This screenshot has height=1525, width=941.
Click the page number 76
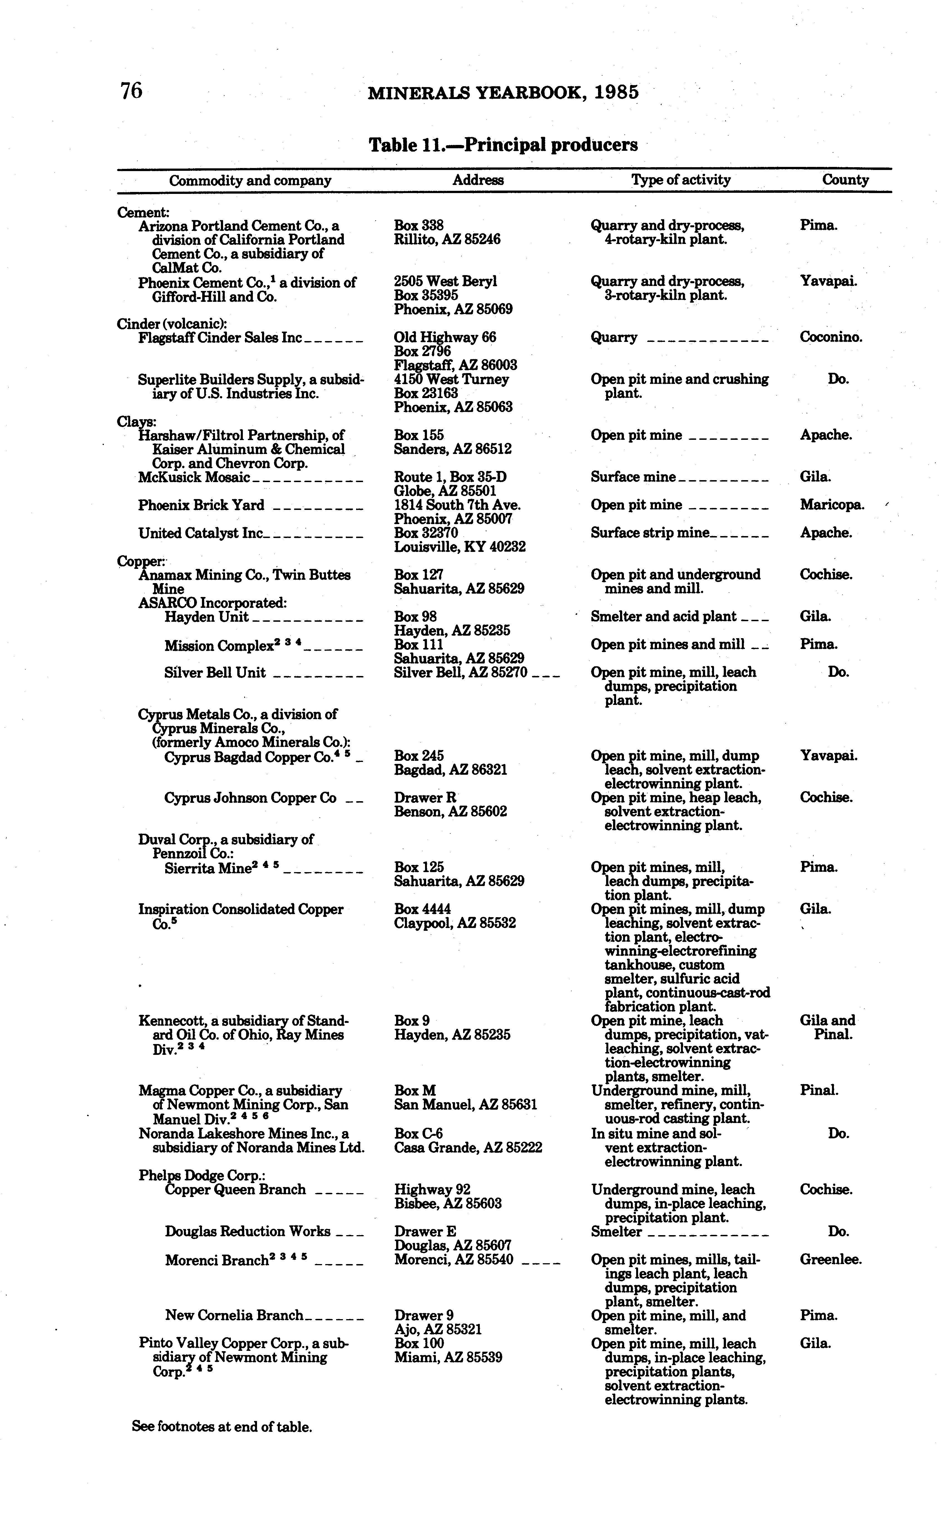131,91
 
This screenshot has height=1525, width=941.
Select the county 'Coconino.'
831,337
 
